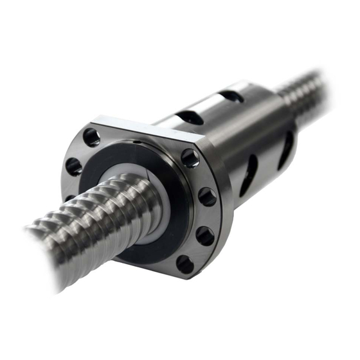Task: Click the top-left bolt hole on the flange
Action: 91,136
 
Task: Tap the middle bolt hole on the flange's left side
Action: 74,166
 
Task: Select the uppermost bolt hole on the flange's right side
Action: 190,157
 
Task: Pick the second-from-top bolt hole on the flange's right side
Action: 207,196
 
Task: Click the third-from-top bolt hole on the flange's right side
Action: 205,235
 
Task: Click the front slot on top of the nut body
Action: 190,118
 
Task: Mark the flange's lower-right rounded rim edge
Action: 212,257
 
